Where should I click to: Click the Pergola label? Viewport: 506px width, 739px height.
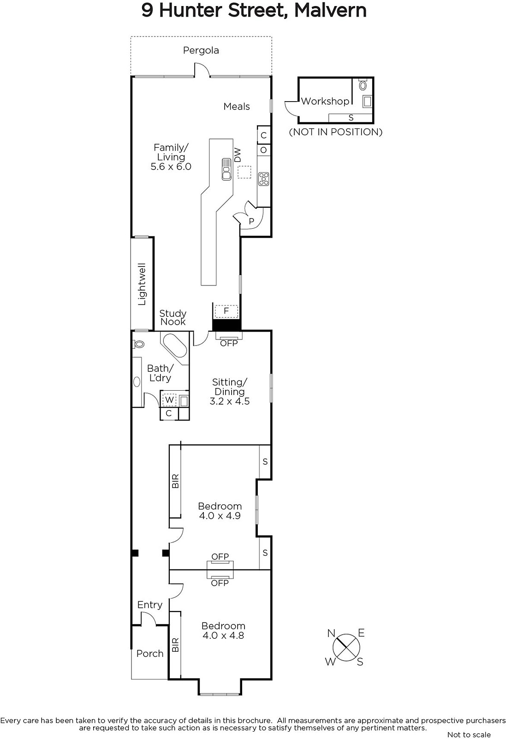coord(201,50)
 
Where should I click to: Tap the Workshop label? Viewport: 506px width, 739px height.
coord(325,101)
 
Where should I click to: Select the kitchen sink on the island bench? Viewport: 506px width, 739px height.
coord(226,169)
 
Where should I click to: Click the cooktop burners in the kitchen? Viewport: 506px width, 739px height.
coord(264,179)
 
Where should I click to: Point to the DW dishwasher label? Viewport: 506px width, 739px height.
coord(238,155)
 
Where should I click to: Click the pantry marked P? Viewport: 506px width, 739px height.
coord(251,221)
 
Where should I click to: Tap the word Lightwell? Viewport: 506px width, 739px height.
coord(142,284)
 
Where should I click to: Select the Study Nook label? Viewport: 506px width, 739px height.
coord(173,317)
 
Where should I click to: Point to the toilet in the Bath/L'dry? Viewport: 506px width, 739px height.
coord(138,344)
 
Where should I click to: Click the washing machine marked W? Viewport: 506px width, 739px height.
coord(169,400)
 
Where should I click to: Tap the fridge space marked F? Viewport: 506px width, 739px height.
coord(226,311)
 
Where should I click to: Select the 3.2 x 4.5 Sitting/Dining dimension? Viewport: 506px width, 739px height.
coord(230,401)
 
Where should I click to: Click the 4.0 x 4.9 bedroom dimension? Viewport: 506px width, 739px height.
coord(220,515)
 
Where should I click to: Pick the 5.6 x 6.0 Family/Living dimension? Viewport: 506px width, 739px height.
coord(171,167)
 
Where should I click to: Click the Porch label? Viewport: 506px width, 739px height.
coord(150,654)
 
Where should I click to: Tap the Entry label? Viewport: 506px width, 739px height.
coord(150,605)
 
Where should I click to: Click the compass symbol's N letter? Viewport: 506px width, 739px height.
coord(331,633)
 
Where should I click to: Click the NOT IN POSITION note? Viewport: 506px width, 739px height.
coord(336,132)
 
